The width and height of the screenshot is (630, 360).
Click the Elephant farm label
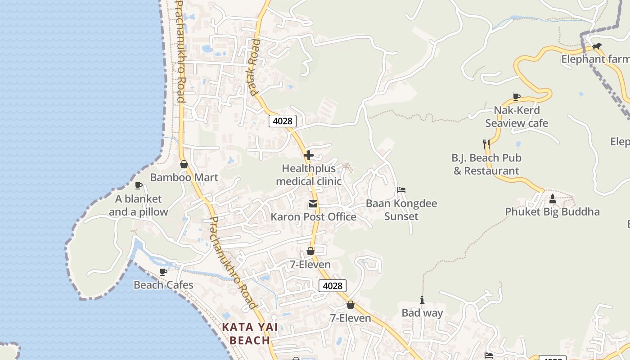[595, 59]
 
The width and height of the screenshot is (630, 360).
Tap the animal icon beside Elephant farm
[597, 46]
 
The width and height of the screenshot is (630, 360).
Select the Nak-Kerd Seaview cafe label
[517, 117]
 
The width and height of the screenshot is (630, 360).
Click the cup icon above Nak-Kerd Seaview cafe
[517, 97]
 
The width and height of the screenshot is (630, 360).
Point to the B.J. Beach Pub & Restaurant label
[486, 164]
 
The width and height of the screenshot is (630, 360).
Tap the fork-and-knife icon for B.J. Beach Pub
[486, 144]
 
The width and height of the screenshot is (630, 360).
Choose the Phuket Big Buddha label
[552, 211]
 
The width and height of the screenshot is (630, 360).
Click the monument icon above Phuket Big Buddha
[553, 198]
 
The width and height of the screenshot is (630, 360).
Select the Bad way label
[422, 313]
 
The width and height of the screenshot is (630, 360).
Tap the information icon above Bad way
[422, 300]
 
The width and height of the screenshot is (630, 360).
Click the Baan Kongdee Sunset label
[401, 210]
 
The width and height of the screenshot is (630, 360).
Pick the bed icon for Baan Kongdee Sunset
[401, 190]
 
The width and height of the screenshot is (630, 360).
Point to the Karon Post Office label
[313, 217]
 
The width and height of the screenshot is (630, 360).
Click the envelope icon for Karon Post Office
[313, 204]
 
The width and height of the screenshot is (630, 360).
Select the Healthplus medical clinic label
[309, 175]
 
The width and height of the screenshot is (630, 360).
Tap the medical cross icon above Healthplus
[309, 156]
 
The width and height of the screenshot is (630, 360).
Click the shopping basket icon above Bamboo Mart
[184, 164]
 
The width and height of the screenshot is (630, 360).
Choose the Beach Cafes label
[163, 285]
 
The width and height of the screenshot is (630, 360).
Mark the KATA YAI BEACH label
[250, 333]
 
